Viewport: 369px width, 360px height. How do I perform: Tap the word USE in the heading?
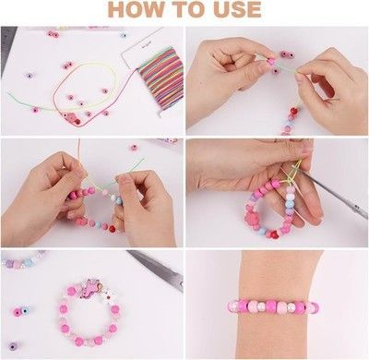coord(238,9)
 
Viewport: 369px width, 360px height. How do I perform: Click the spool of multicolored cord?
coord(161,79)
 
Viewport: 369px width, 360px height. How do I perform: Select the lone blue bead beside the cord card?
coord(124,35)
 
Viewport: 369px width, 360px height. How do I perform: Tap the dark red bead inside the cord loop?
coord(77,122)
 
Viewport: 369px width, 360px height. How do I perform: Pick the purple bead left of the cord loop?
coord(30,76)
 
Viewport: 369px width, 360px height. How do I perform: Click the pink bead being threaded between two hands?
coord(270,61)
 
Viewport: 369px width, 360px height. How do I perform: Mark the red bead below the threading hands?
coord(293,110)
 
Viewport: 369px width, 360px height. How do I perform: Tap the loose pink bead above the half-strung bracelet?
coord(134,147)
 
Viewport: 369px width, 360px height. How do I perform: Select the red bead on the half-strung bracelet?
coord(112,229)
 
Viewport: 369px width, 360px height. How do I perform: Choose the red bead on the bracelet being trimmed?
coord(274,234)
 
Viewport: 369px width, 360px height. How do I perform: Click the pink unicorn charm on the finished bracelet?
coord(93,287)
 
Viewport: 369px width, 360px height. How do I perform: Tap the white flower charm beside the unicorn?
coord(108,296)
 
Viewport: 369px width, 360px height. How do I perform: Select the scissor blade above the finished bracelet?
coord(155,269)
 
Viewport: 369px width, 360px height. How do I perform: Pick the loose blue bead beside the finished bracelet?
coord(25,311)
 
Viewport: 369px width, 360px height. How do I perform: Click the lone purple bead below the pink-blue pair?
coord(13,345)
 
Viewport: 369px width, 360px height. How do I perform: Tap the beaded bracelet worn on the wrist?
coord(274,306)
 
